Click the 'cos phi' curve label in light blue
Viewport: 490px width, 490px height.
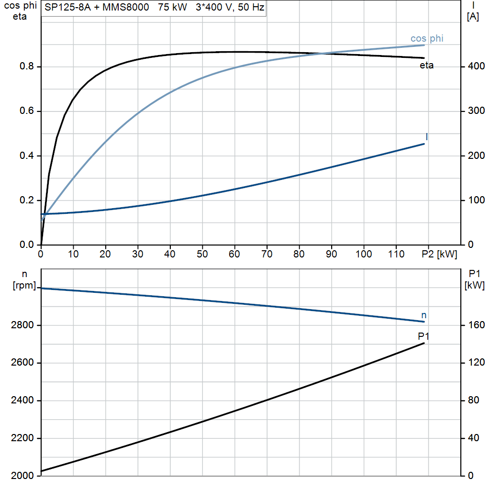point(427,38)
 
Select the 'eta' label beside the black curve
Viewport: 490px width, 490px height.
point(426,65)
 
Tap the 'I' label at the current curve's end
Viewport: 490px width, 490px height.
point(426,136)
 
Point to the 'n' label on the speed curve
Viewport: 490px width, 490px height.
point(424,315)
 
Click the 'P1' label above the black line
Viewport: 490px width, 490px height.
point(423,336)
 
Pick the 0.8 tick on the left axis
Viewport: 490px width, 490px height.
point(27,66)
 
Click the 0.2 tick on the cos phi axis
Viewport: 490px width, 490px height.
point(27,200)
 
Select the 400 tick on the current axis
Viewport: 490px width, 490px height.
point(476,66)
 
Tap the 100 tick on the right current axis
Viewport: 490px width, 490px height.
point(476,200)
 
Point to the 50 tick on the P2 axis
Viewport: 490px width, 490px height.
point(202,254)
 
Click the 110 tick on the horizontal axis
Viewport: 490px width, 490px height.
point(396,254)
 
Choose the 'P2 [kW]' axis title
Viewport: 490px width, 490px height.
point(439,254)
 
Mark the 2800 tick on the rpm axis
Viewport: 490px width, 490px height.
point(22,325)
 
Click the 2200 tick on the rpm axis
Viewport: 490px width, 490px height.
point(22,438)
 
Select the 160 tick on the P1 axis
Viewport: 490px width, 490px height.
point(476,325)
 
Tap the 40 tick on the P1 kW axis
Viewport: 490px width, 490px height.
point(473,438)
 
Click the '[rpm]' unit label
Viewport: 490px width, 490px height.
point(24,285)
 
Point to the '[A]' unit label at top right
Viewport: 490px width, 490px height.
point(473,17)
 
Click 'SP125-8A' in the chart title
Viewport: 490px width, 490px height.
point(67,7)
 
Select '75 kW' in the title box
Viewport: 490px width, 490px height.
point(172,7)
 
